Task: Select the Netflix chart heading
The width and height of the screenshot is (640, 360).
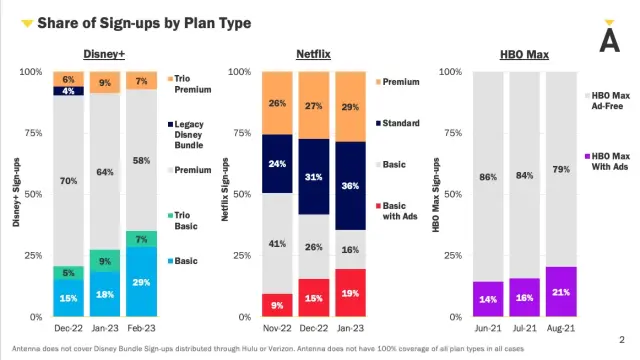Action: pos(317,55)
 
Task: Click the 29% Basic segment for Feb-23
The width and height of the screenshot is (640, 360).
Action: pos(141,282)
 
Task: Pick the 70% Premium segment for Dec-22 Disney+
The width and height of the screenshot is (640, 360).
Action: pos(68,181)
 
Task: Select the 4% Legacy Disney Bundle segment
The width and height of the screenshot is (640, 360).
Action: pos(68,91)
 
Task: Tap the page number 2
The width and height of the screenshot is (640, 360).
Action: pos(621,338)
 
